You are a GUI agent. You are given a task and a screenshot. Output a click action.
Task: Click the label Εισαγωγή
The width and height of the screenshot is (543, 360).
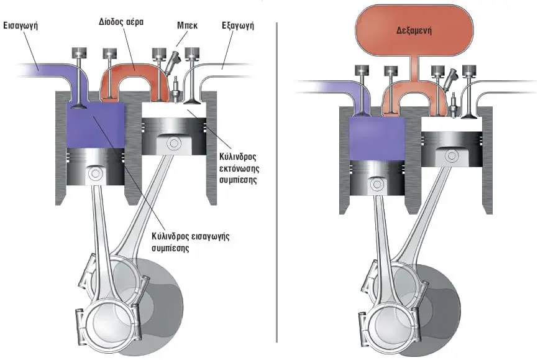point(21,25)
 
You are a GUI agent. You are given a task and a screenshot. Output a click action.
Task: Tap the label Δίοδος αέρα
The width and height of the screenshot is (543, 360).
point(121,22)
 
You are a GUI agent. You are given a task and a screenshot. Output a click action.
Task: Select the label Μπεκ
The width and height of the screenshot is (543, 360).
point(187,25)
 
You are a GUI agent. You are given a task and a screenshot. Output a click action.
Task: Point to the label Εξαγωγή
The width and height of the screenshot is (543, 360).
point(237,25)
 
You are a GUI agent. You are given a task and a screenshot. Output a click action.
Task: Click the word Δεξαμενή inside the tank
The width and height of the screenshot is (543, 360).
point(414,30)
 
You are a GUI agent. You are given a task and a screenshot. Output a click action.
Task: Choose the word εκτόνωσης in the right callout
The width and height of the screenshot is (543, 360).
point(239,168)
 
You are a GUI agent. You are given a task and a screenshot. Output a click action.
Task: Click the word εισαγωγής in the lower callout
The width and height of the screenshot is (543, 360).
point(210,237)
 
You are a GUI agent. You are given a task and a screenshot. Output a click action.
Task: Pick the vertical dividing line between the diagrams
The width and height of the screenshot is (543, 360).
point(276,182)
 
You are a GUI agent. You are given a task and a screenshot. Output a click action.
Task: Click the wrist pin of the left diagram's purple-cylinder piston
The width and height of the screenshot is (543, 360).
point(94,174)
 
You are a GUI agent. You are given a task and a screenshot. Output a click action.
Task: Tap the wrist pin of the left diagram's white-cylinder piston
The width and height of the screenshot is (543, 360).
point(173,144)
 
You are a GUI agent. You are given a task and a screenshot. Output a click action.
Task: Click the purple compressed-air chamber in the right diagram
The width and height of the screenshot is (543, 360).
point(376,138)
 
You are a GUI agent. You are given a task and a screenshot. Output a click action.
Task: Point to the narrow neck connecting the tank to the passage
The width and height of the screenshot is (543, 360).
point(414,67)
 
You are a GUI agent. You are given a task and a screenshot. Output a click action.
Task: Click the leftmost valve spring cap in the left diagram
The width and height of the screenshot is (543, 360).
point(79,53)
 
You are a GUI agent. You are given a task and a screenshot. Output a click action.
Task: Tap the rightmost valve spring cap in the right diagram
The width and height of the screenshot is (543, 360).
point(469,71)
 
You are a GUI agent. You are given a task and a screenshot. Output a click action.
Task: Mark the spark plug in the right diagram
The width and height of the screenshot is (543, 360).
point(453,105)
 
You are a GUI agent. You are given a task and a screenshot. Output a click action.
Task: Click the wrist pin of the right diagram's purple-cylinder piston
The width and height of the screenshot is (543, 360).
point(376,184)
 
